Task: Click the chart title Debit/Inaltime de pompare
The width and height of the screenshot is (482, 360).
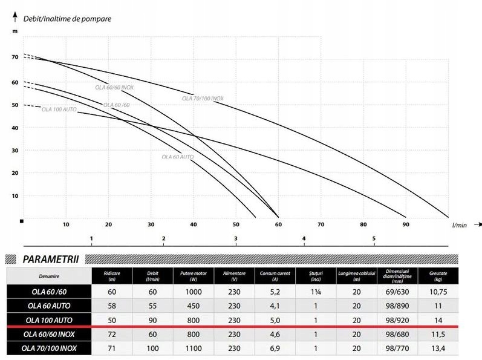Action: point(67,18)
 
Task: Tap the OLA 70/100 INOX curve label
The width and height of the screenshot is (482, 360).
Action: point(203,99)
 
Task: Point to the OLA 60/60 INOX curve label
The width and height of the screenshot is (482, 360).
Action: point(114,87)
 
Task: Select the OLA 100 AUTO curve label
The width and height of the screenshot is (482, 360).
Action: point(59,110)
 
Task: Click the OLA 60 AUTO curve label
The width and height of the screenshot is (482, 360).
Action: point(177,157)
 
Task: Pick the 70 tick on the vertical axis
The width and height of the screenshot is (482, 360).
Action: point(15,57)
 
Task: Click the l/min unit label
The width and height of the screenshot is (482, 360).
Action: point(459,225)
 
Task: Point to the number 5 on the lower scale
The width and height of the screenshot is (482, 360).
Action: point(374,239)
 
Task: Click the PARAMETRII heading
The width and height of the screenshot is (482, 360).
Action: point(53,260)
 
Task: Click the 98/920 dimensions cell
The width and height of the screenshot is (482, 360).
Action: point(396,319)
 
